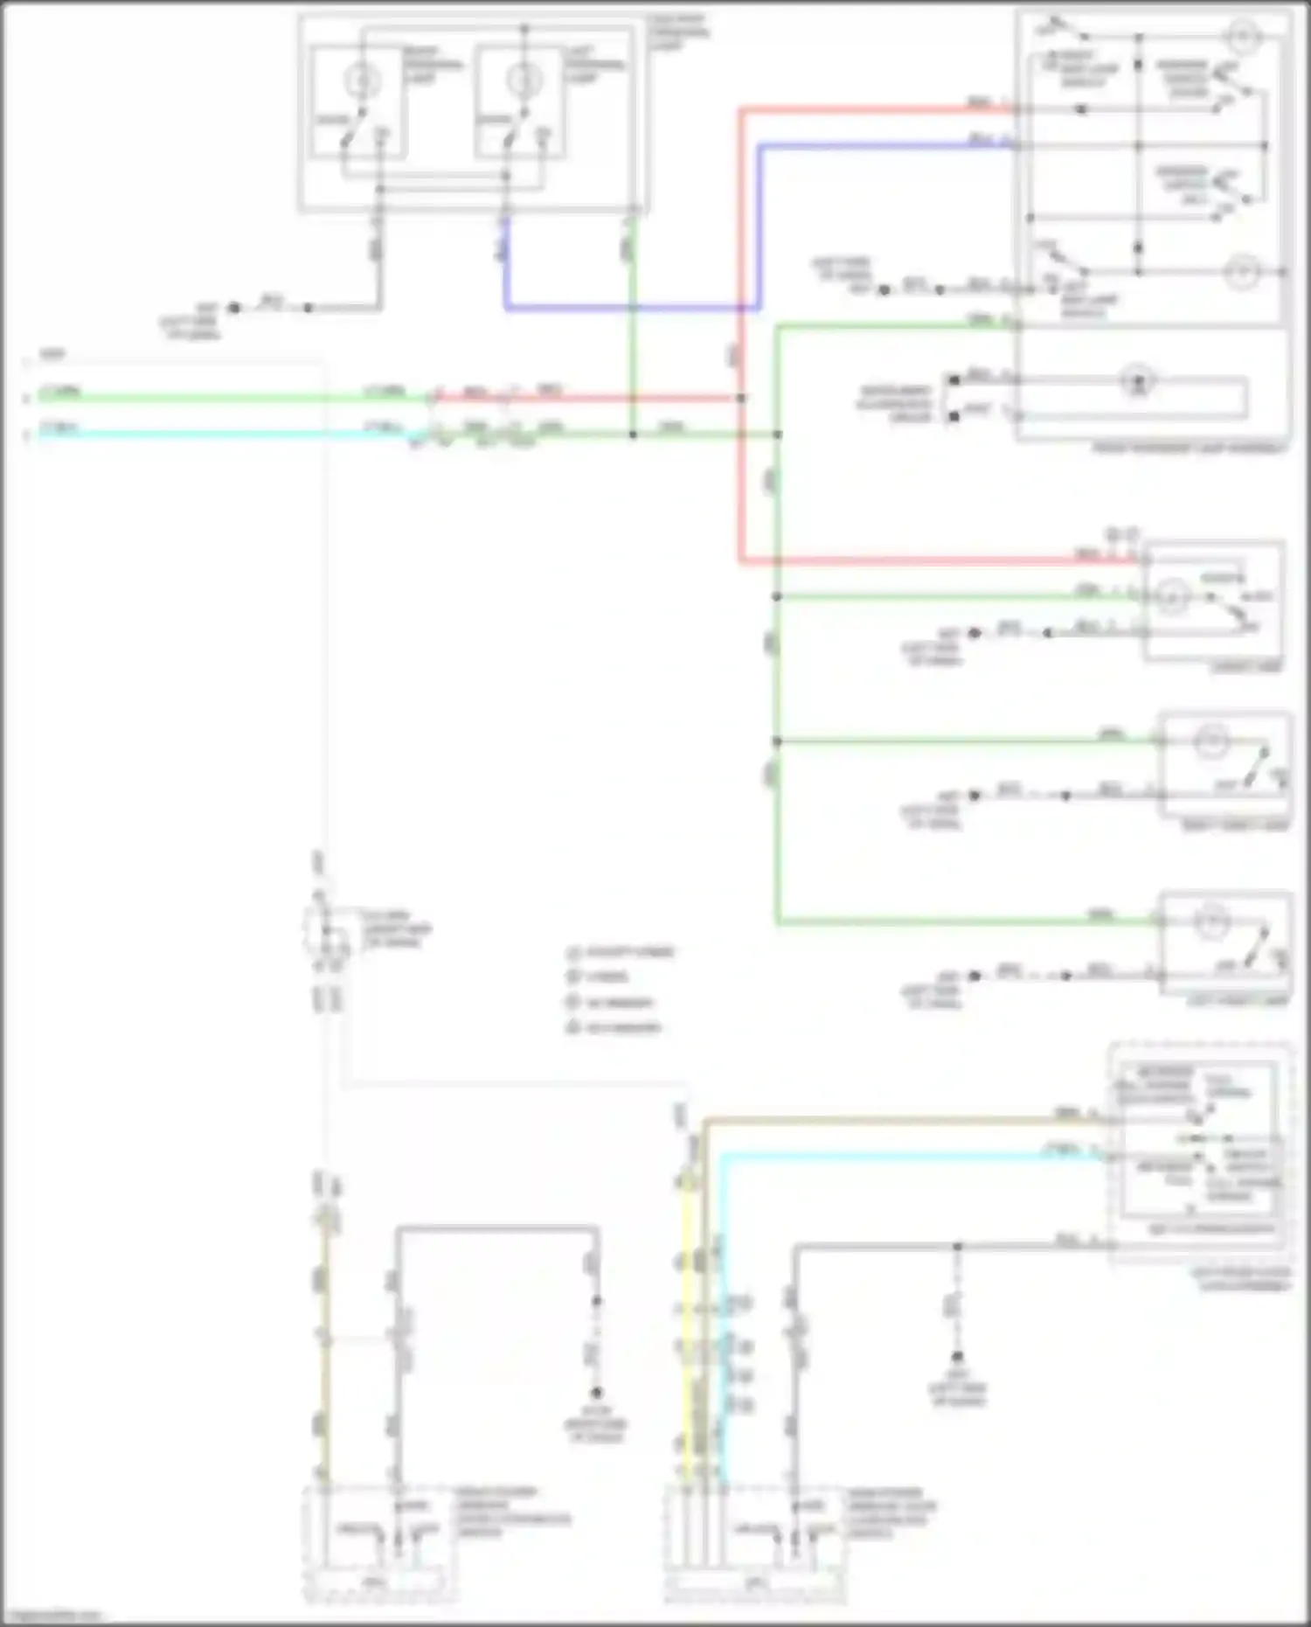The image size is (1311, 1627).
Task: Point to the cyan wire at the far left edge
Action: click(x=175, y=434)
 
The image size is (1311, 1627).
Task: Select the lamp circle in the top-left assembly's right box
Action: click(x=523, y=81)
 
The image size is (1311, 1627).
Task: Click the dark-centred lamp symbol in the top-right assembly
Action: click(x=1137, y=381)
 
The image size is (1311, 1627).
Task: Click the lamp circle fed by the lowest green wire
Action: click(x=1211, y=922)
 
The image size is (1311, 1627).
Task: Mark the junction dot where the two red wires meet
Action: click(x=741, y=399)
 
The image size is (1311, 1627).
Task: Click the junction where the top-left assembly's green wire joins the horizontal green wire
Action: click(x=633, y=435)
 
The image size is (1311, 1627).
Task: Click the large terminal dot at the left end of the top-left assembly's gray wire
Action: click(x=234, y=308)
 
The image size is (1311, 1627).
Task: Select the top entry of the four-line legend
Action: click(x=621, y=952)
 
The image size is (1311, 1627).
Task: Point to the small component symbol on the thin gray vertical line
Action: click(x=323, y=931)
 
